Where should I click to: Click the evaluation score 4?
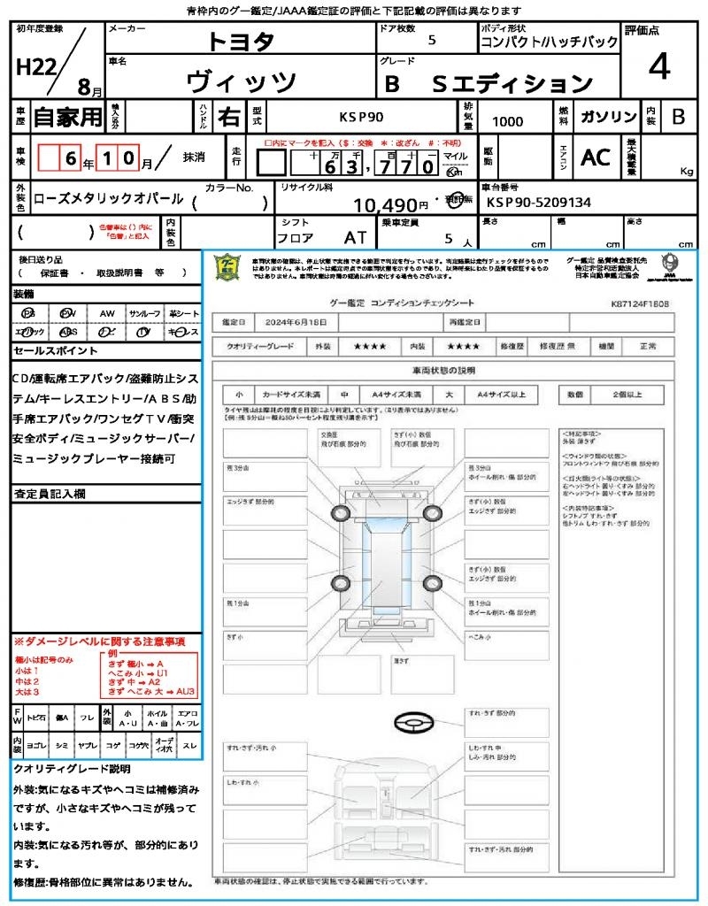coord(658,67)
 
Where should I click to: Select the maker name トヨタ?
coord(241,42)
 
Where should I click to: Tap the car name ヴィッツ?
coord(242,81)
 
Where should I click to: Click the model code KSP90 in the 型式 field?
coord(363,117)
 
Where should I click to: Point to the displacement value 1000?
coord(507,121)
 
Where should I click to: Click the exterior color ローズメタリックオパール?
coord(108,199)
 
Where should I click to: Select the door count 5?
coord(431,40)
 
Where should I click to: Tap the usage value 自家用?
coord(68,117)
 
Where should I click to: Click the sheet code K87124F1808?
coord(639,303)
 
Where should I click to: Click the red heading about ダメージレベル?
coord(99,641)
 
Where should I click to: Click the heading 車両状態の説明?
coord(455,370)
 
